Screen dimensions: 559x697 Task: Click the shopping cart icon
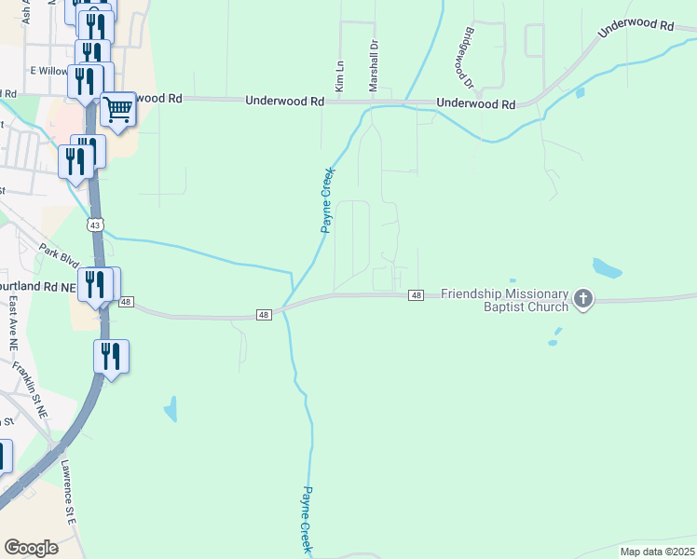pyautogui.click(x=117, y=111)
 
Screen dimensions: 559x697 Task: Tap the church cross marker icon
pyautogui.click(x=583, y=299)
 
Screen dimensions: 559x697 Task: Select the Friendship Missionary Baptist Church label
pyautogui.click(x=504, y=300)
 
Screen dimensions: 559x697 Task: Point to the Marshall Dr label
pyautogui.click(x=374, y=63)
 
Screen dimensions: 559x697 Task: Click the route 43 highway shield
pyautogui.click(x=95, y=225)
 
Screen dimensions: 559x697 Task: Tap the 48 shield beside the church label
pyautogui.click(x=416, y=295)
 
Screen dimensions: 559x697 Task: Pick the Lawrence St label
pyautogui.click(x=68, y=491)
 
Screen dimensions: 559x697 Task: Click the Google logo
pyautogui.click(x=31, y=547)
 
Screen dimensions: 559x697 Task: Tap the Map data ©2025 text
pyautogui.click(x=657, y=552)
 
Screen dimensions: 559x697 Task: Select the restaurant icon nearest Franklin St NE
pyautogui.click(x=111, y=355)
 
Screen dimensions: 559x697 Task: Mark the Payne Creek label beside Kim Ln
pyautogui.click(x=327, y=200)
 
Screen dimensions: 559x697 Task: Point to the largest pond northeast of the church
pyautogui.click(x=608, y=268)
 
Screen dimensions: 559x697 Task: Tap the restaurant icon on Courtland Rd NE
pyautogui.click(x=95, y=283)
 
